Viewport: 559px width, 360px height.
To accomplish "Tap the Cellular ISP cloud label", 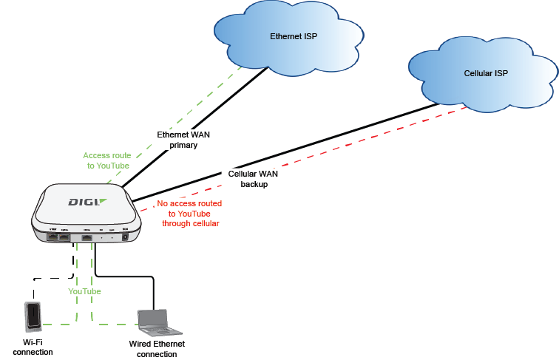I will click(486, 74).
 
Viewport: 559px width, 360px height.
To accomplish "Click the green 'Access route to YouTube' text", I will click(106, 160).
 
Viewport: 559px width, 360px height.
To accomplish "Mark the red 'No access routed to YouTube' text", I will click(190, 213).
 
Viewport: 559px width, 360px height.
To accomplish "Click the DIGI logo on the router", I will click(87, 202).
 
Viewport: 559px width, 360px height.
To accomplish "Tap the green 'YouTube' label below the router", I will click(84, 291).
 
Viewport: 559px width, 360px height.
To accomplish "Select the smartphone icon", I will click(33, 317).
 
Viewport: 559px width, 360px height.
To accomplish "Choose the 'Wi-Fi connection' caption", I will click(33, 347).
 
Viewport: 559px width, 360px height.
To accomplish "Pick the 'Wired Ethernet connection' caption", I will click(157, 349).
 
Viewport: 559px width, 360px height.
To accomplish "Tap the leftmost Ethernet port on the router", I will click(54, 237).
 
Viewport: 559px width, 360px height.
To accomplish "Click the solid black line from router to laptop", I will click(126, 277).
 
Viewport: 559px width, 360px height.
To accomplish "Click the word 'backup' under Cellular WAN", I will click(254, 184).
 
